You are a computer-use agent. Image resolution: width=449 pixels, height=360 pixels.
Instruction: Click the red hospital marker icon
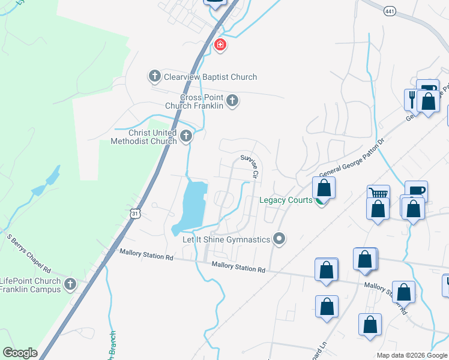(x=220, y=44)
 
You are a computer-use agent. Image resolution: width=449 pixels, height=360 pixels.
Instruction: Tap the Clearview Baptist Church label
(x=209, y=77)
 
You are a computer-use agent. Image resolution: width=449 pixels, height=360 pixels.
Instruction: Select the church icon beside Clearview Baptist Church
(x=154, y=76)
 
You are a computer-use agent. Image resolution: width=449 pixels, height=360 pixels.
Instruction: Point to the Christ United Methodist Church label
(x=143, y=137)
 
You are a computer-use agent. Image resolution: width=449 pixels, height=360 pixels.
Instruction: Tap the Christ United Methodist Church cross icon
(x=186, y=136)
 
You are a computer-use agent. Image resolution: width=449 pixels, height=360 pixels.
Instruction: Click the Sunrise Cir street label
(x=250, y=166)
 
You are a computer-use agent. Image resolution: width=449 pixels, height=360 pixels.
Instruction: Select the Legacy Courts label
(x=286, y=200)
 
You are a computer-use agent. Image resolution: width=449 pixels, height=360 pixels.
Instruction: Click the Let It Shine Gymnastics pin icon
(x=279, y=239)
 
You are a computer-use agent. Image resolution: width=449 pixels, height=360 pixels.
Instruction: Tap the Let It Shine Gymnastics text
(x=226, y=239)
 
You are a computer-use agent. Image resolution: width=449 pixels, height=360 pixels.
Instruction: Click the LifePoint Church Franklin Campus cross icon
(x=70, y=284)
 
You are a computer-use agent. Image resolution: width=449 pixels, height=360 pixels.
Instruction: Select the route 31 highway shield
(x=136, y=213)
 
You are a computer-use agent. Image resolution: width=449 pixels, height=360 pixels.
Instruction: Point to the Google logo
(x=20, y=353)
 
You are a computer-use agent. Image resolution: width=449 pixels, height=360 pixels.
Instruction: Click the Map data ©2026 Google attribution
(x=411, y=355)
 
